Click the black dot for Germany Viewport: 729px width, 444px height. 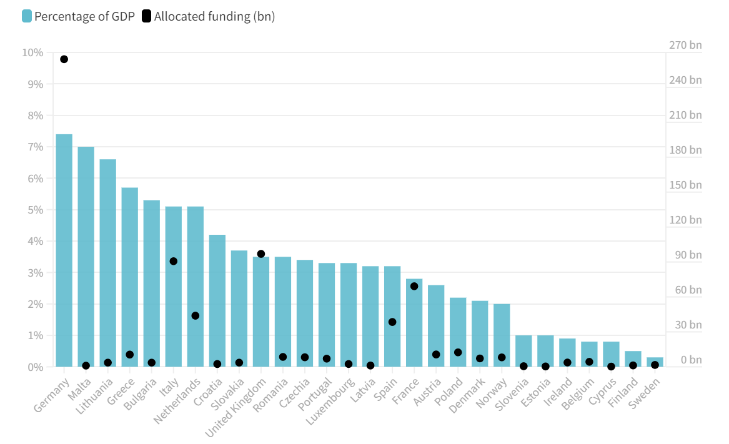pos(64,59)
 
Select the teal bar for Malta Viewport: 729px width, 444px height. pos(86,256)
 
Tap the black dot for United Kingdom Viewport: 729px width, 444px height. pos(261,254)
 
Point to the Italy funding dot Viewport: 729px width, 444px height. pos(174,261)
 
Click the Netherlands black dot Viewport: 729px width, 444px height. pos(196,315)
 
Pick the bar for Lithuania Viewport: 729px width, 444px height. pos(108,262)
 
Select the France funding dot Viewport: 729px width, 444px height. pos(414,286)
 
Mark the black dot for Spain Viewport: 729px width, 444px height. pos(392,322)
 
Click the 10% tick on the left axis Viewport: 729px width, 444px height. pos(32,52)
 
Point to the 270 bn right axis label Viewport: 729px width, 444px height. pos(685,45)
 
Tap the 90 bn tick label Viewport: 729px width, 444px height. pos(688,255)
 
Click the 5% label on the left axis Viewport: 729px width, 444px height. pos(35,210)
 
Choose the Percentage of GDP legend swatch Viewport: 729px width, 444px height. pos(26,16)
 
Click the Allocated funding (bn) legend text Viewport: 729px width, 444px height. pos(214,16)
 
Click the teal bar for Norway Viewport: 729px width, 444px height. pos(502,335)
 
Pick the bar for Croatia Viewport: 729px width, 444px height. pos(217,300)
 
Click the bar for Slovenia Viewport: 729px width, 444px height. pos(523,351)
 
